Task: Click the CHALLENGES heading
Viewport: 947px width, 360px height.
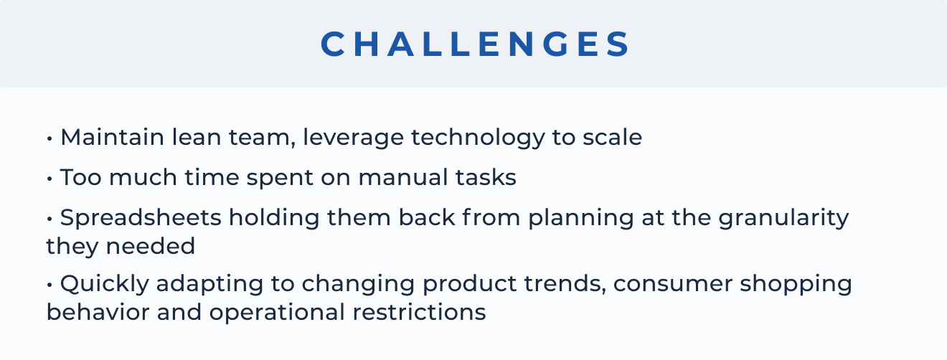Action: tap(474, 44)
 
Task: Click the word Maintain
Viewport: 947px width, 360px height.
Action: tap(113, 137)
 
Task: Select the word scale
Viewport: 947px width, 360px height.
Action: tap(613, 137)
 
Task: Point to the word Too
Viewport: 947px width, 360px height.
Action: tap(81, 177)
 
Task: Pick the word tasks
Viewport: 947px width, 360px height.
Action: tap(486, 177)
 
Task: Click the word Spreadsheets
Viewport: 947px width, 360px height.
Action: tap(141, 219)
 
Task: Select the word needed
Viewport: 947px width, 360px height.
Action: tap(151, 246)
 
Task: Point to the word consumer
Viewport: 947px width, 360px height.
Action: tap(673, 284)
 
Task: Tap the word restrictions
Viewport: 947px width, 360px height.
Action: tap(419, 312)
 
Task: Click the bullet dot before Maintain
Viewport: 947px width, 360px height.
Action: tap(50, 138)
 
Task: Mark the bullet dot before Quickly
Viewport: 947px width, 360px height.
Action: tap(50, 285)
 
